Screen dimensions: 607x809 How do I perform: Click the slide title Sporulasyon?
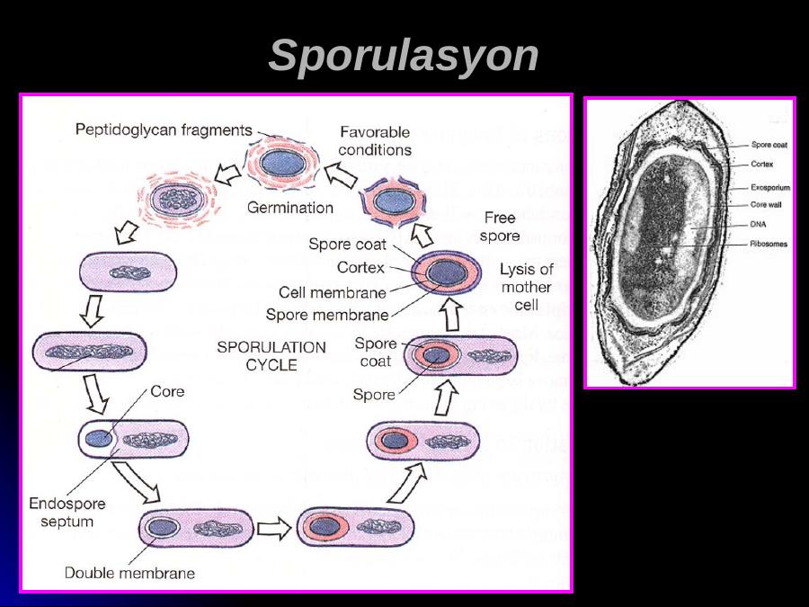(x=404, y=56)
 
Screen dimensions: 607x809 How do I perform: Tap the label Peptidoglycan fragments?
(x=164, y=129)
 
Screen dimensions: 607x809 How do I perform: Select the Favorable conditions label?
(x=376, y=141)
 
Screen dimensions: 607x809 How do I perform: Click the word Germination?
(x=290, y=207)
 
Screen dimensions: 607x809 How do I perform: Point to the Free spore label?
(x=499, y=227)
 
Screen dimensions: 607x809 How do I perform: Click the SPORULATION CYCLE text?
(x=272, y=355)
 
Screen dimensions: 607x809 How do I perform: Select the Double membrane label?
(x=129, y=572)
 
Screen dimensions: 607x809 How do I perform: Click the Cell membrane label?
(x=333, y=292)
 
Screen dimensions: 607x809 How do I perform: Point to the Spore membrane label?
(x=327, y=315)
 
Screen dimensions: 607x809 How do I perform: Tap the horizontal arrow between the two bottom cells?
(x=276, y=529)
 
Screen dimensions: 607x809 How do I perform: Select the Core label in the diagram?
(x=167, y=391)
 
